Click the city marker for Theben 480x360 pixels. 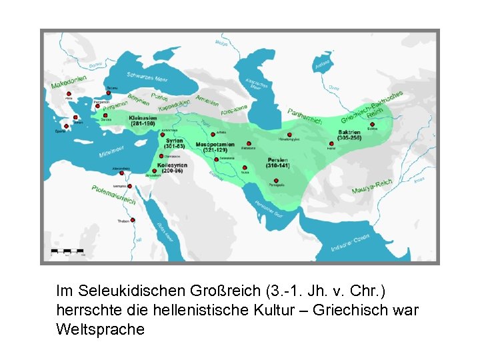click(133, 220)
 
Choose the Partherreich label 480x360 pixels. click(305, 116)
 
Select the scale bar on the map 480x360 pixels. click(67, 253)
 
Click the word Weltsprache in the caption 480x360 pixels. click(100, 329)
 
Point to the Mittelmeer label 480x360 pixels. click(111, 151)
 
